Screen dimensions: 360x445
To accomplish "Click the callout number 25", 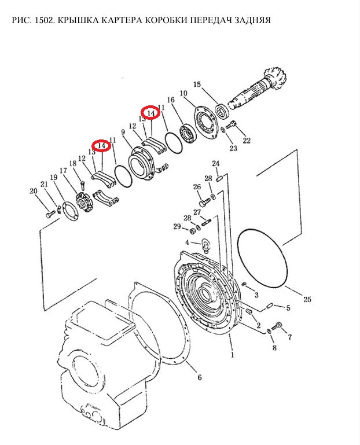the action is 307,299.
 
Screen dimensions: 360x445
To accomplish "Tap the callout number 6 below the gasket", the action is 200,377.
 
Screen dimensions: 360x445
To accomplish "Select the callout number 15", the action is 197,84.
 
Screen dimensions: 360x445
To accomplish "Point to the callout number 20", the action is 34,191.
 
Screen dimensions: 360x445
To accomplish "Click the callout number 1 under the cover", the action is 233,355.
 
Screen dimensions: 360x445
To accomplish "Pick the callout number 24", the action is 216,163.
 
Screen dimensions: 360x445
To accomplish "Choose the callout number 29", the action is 177,226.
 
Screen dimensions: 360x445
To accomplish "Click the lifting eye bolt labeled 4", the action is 205,246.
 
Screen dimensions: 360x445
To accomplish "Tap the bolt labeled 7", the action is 277,326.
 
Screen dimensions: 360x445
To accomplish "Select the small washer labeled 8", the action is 269,331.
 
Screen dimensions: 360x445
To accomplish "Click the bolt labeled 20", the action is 50,214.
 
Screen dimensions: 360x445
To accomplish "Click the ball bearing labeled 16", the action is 187,133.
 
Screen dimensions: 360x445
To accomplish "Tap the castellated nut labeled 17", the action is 85,202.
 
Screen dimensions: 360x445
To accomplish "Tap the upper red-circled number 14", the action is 150,113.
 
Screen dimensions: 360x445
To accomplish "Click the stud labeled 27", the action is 207,222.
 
